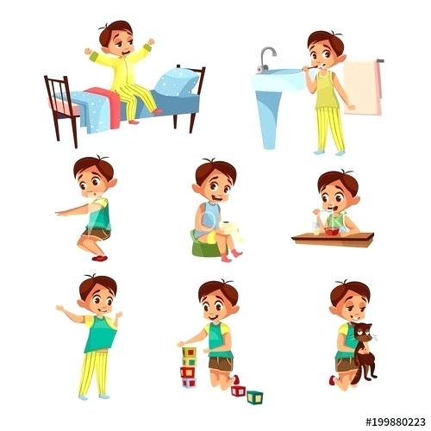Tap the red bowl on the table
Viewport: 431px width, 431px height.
330,230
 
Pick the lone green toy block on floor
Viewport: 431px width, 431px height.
255,397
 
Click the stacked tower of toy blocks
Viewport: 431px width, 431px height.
188,366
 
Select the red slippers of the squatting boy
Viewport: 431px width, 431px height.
100,257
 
